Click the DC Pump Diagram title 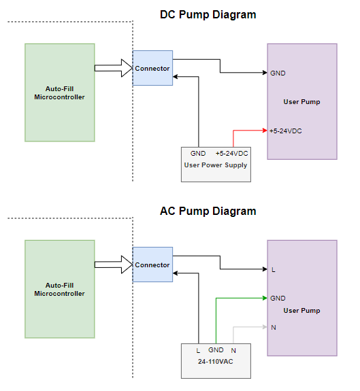208,15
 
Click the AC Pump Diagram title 208,211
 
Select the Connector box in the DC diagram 152,68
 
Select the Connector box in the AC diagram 152,265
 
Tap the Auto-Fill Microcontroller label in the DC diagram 59,92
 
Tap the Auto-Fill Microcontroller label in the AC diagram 59,289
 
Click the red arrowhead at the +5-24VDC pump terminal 265,130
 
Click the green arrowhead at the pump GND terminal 265,298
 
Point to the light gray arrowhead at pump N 265,327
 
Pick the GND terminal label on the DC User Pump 278,73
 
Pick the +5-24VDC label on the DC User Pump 285,131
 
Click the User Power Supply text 216,165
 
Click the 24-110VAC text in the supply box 216,361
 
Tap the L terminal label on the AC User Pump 274,269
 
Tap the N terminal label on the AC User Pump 274,327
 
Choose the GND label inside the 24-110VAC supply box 216,350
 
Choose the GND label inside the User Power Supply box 198,154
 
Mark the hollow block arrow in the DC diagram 114,68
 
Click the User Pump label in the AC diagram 301,311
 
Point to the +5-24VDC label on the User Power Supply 232,154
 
